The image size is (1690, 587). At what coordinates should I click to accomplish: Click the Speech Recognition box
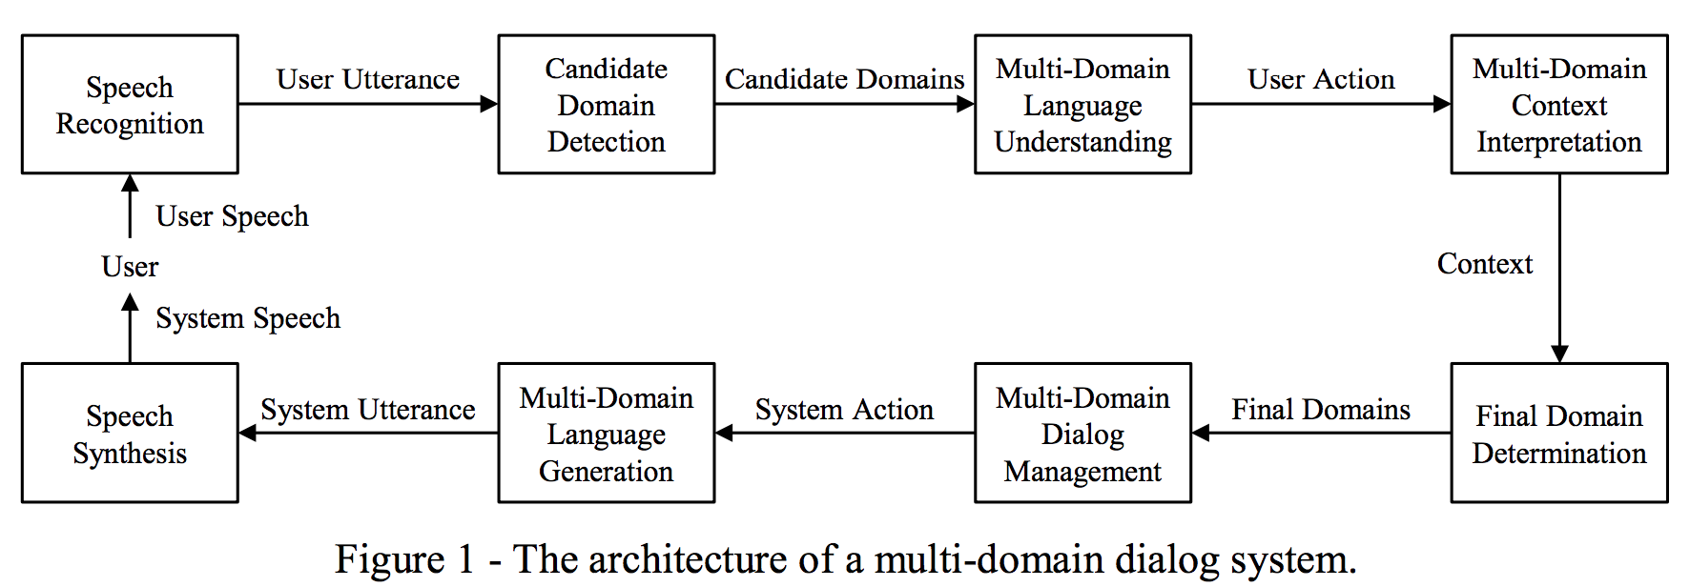click(130, 105)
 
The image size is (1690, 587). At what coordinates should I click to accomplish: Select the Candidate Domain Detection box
click(606, 105)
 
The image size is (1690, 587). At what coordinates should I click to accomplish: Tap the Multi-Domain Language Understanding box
click(1082, 105)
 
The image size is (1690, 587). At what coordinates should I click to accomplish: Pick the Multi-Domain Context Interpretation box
click(1558, 105)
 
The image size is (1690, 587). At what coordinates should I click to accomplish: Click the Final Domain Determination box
click(1558, 434)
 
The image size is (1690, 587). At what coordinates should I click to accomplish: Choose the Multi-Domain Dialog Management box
click(1082, 434)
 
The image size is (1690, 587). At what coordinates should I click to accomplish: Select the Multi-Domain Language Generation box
click(606, 434)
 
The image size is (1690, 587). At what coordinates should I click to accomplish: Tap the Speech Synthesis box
click(130, 434)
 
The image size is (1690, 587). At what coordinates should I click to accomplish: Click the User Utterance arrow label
click(368, 79)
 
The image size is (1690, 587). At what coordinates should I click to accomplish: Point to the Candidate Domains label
click(844, 79)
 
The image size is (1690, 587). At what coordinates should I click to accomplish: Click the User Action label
click(1321, 79)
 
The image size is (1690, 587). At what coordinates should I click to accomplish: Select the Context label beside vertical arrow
click(1484, 264)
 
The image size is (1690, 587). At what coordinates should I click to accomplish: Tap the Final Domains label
click(1321, 410)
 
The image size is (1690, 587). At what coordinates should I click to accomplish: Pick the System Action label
click(844, 410)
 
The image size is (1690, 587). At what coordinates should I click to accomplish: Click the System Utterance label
click(368, 410)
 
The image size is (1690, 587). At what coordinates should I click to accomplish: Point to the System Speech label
click(248, 318)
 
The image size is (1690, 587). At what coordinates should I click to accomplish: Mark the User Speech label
click(232, 216)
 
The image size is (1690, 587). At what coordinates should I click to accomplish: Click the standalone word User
click(130, 267)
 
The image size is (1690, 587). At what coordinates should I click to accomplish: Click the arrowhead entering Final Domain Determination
click(1559, 354)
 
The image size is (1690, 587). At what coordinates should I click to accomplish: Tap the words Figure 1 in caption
click(404, 559)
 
